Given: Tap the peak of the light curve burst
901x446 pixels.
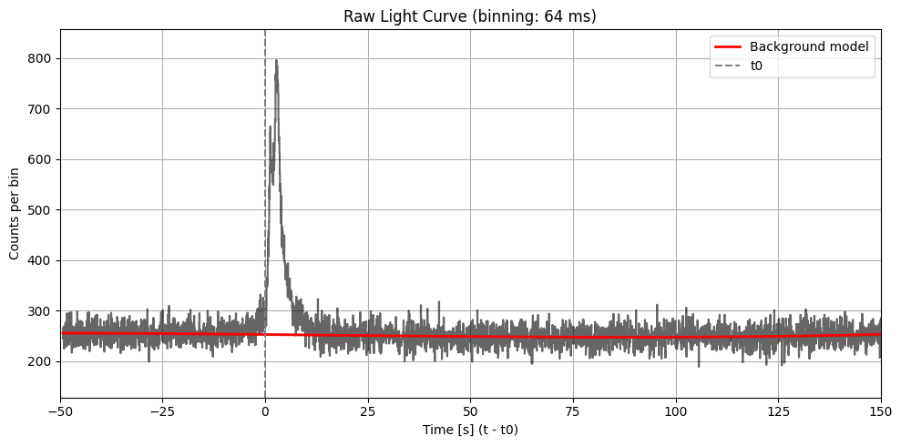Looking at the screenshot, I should click(x=276, y=61).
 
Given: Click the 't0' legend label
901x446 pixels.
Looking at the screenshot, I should click(x=756, y=66).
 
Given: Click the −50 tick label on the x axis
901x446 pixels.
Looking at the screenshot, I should click(x=61, y=412).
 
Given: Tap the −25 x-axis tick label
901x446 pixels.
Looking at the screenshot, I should click(x=162, y=412).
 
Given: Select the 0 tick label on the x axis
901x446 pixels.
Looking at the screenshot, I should click(x=265, y=412).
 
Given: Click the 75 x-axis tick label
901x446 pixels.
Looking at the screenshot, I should click(x=573, y=412).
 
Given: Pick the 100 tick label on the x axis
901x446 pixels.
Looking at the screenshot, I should click(x=676, y=412).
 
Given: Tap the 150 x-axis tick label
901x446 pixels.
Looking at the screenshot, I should click(x=880, y=412).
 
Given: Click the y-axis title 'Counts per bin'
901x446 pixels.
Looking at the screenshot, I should click(x=15, y=214).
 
